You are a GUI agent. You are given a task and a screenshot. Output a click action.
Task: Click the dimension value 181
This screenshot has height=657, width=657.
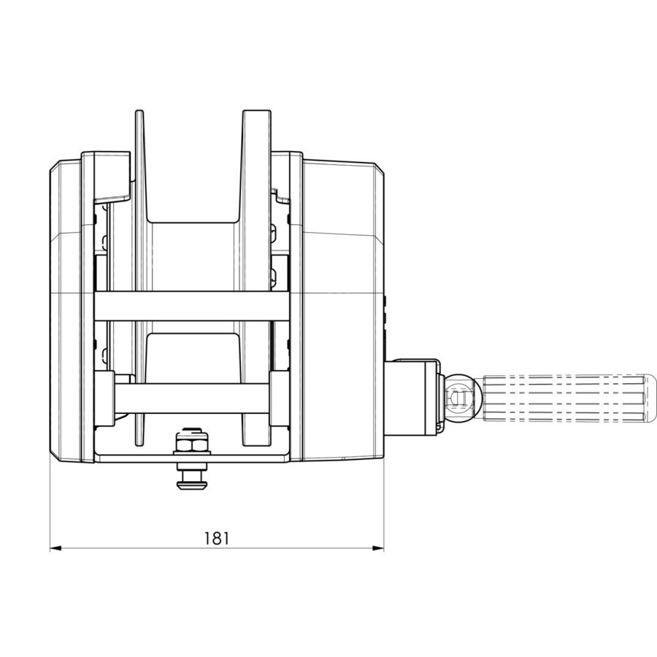tap(216, 539)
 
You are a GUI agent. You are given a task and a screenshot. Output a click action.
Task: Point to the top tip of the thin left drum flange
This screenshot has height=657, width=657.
tap(139, 114)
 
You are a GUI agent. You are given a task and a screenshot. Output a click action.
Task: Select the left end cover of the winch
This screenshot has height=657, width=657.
tap(66, 307)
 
